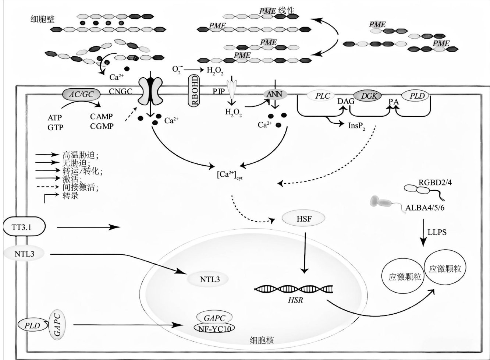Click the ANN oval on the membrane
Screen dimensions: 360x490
(x=274, y=95)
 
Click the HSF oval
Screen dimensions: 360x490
(x=303, y=219)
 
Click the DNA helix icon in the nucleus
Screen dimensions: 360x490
(x=294, y=289)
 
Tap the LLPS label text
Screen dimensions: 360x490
(x=437, y=232)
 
